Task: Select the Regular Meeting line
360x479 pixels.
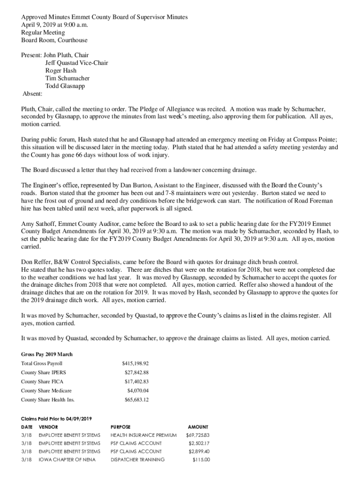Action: click(43, 33)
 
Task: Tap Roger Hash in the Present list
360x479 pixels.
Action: click(61, 71)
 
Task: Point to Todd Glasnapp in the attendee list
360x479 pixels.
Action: click(65, 86)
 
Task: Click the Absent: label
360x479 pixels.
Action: click(33, 94)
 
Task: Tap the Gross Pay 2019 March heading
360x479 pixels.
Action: click(47, 355)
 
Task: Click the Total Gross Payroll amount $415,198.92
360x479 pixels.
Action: click(135, 363)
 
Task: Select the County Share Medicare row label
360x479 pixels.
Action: click(46, 391)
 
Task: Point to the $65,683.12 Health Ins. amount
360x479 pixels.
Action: click(137, 399)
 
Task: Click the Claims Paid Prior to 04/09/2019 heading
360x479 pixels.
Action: click(57, 418)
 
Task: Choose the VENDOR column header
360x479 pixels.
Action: click(49, 427)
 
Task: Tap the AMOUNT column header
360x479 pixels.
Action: click(198, 427)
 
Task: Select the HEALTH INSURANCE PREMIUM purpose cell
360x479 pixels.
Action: click(144, 435)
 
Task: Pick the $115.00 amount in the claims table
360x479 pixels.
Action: click(201, 460)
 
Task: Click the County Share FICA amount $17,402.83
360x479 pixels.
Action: click(137, 382)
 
